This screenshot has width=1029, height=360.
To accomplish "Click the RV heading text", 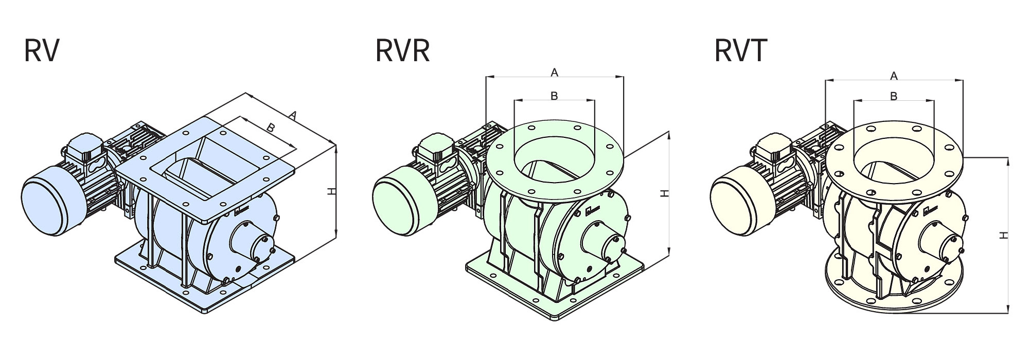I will [x=42, y=50].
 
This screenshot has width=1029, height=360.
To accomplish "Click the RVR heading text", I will [x=402, y=50].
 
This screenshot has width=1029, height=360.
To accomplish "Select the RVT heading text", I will [x=741, y=50].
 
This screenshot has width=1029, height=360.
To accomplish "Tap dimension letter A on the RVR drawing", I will [x=554, y=73].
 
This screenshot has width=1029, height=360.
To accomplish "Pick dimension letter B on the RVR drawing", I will [x=554, y=96].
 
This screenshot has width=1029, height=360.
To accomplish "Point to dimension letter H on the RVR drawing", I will [x=665, y=193].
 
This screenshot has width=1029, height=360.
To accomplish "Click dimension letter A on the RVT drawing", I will [x=894, y=76].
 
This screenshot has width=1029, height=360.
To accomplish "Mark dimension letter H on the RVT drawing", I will [x=1003, y=235].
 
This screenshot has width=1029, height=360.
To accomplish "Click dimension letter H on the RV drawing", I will [x=332, y=191].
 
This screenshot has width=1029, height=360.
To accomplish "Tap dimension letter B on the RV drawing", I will [x=271, y=128].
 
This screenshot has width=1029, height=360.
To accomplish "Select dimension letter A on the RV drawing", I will [x=292, y=116].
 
